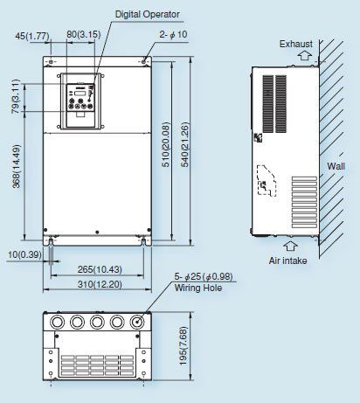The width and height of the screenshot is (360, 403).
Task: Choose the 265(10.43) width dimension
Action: [x=99, y=268]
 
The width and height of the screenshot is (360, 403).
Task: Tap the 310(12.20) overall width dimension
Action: [x=99, y=284]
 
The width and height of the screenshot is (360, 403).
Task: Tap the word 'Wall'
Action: [x=336, y=163]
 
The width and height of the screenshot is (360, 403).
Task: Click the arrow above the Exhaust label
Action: [x=303, y=55]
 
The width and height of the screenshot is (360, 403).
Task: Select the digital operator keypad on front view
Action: [x=76, y=101]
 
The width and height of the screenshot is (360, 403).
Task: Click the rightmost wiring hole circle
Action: [x=136, y=322]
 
